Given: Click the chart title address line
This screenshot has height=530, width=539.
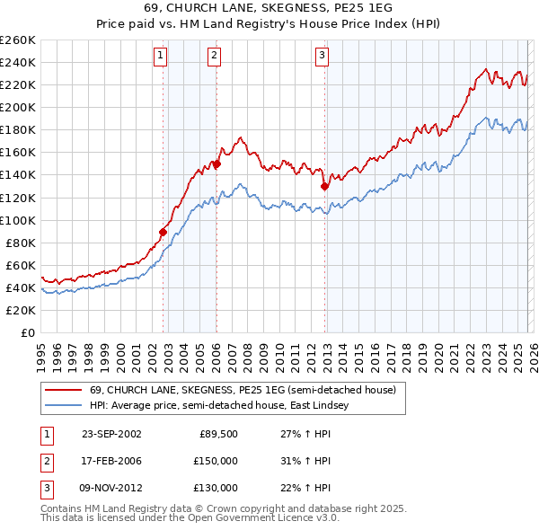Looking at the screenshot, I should tap(269, 8).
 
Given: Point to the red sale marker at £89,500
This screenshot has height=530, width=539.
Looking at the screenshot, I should tap(163, 232).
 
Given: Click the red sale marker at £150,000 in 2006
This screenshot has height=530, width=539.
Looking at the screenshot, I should tap(216, 164).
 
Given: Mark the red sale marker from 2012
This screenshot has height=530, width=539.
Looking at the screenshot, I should tap(324, 187).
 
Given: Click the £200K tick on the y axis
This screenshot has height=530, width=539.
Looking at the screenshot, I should tap(18, 107).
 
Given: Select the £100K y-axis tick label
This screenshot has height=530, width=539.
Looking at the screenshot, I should tap(18, 220).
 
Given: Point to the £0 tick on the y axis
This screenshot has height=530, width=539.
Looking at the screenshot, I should tap(29, 332).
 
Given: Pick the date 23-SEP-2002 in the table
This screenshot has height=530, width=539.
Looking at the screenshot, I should tap(111, 434).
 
